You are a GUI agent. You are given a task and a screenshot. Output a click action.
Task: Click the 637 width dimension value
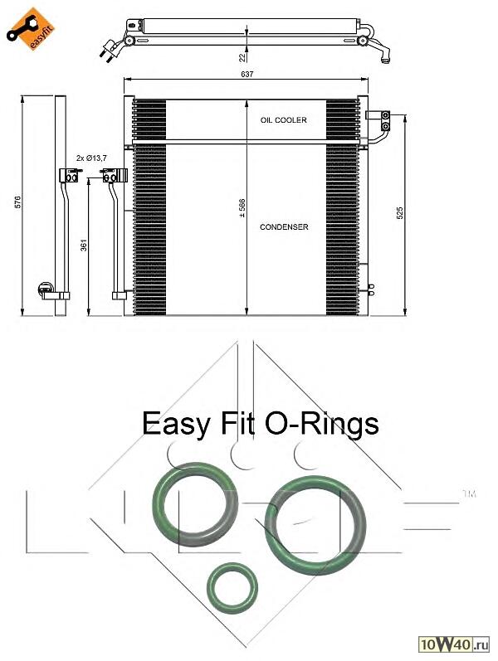(247, 74)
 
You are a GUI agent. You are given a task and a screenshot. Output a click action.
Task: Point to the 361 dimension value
(81, 245)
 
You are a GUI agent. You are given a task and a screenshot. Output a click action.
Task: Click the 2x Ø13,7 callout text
(91, 157)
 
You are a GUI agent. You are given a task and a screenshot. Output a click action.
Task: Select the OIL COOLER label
(283, 120)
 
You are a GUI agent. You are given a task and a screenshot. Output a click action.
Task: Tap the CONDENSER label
(284, 226)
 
